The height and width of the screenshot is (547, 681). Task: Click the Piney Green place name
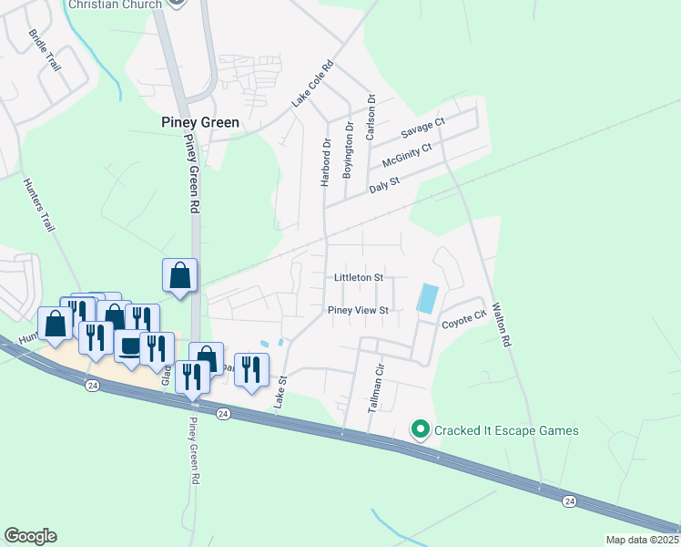pos(200,122)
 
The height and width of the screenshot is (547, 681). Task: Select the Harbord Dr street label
pos(325,162)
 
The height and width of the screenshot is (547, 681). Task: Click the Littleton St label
pos(359,276)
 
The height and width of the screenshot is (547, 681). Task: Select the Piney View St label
pos(359,310)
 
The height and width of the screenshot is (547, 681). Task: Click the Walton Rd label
pos(500,325)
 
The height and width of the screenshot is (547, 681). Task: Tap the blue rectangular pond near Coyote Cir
pos(427,299)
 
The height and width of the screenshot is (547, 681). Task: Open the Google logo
pos(30,536)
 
